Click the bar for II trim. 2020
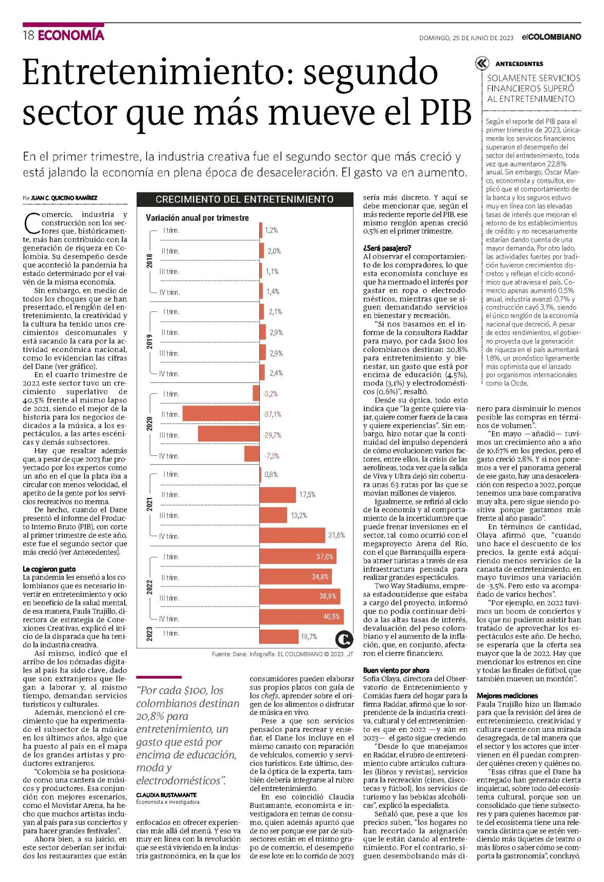tap(221, 414)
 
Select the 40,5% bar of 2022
tap(301, 616)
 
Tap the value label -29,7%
tap(272, 435)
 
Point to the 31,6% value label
tap(336, 535)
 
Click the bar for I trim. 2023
tap(279, 637)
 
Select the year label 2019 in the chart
tap(150, 342)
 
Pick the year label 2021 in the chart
tap(150, 504)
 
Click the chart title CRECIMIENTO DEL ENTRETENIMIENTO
tap(244, 200)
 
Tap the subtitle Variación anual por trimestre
tap(197, 218)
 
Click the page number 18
tap(28, 36)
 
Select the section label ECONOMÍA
tap(71, 36)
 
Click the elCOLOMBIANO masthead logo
tap(551, 37)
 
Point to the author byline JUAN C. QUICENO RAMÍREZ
tap(64, 198)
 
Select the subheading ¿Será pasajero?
tap(387, 248)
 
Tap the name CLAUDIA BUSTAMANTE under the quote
tap(166, 795)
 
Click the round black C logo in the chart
tap(344, 640)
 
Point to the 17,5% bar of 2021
tap(278, 495)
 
